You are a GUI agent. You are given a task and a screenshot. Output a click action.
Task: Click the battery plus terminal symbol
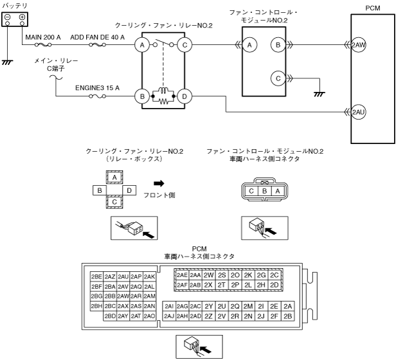[22, 17]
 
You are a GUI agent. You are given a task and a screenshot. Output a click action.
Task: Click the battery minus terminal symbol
[8, 17]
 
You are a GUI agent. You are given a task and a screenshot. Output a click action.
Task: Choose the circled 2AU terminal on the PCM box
[359, 112]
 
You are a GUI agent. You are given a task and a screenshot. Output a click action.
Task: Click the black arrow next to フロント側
[158, 183]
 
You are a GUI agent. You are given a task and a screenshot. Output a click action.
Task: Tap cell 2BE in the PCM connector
[97, 276]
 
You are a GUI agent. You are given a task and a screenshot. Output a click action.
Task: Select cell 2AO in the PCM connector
[149, 316]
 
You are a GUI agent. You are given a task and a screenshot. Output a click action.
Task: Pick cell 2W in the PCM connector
[209, 274]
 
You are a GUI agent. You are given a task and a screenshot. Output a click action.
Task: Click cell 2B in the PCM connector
[288, 316]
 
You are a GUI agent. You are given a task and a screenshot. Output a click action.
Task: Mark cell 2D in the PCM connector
[274, 285]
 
